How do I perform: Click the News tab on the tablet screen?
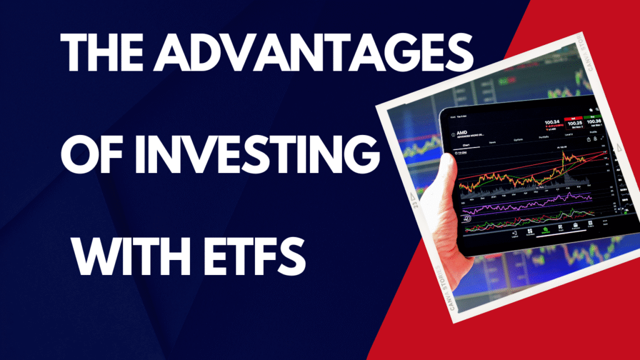coord(491,142)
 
